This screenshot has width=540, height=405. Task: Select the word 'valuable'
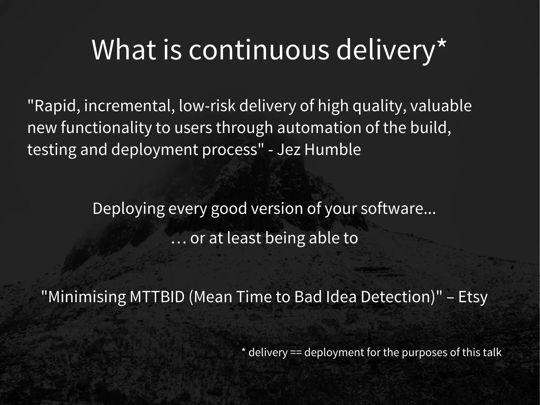point(441,106)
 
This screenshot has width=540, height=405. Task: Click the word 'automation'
point(319,128)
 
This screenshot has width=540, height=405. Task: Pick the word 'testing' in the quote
point(52,150)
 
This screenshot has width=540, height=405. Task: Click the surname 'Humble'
point(332,149)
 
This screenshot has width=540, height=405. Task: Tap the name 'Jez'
point(289,149)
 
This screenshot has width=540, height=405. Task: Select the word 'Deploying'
point(128,209)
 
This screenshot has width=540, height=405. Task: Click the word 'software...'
point(398,208)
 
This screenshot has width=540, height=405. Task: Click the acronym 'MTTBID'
point(157,297)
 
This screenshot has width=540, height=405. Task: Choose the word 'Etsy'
point(473,297)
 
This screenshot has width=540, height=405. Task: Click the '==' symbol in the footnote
point(296,352)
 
